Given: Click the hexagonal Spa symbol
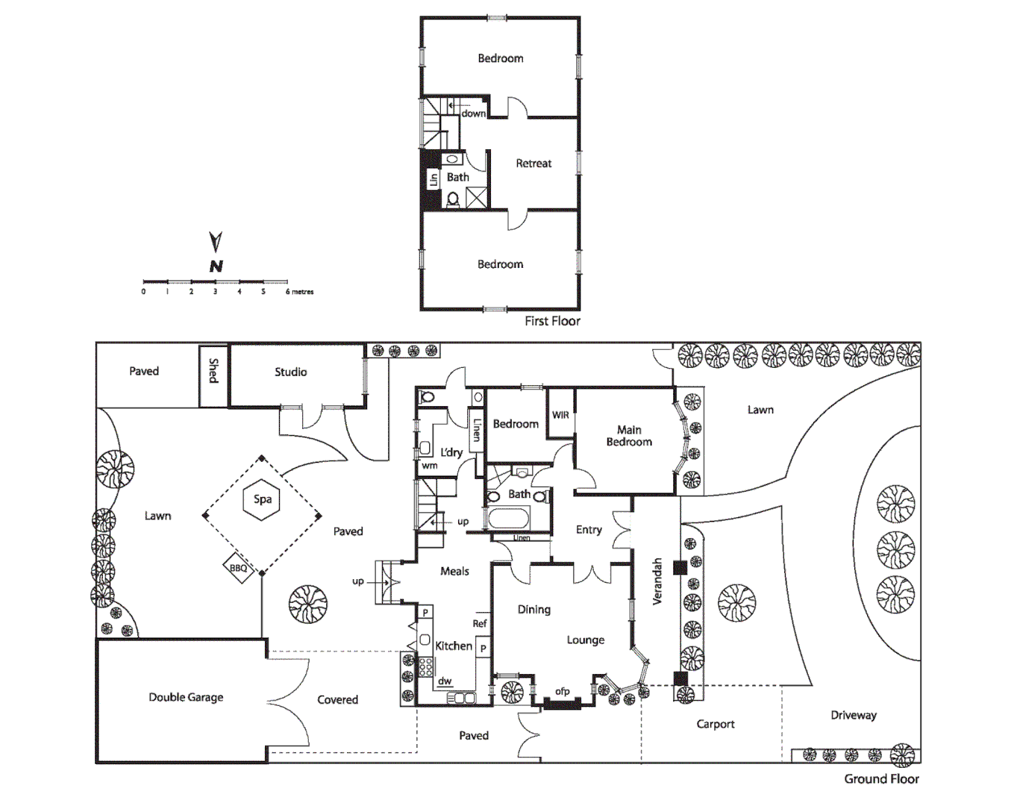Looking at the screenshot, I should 262,499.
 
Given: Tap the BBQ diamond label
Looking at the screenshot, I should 238,568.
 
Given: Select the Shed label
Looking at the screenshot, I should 213,371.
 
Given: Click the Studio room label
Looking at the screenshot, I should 290,372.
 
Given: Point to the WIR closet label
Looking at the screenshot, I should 560,416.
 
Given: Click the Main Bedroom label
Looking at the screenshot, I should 629,436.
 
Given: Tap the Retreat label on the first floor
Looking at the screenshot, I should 533,163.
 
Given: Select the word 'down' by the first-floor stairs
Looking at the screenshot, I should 473,113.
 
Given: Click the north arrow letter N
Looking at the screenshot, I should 216,266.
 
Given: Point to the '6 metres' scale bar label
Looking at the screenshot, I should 300,292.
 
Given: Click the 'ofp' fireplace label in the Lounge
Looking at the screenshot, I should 563,692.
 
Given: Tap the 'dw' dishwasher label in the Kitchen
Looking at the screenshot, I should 445,681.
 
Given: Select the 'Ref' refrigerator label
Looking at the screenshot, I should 480,623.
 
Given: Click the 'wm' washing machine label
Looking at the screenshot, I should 430,466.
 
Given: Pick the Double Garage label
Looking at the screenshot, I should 186,697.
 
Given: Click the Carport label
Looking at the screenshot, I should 715,724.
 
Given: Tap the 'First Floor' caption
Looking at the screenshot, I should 552,321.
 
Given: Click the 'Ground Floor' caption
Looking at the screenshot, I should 881,778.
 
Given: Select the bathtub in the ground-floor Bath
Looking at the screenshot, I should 508,518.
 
